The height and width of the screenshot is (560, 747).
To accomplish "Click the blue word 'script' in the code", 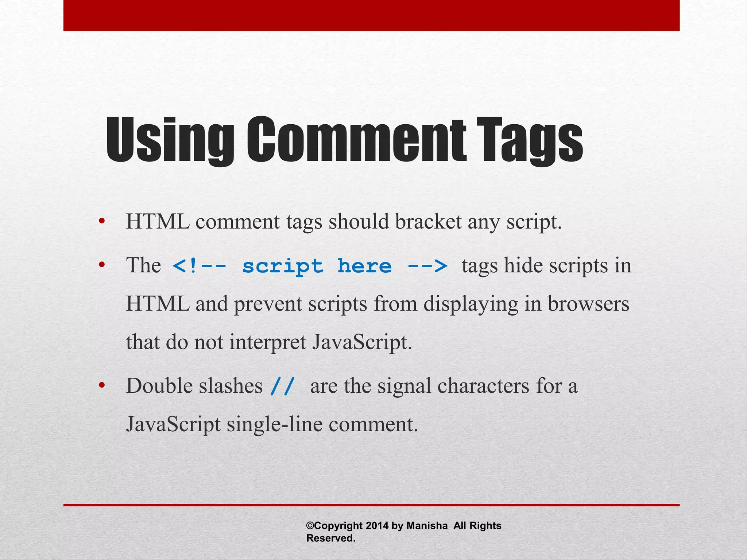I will coord(283,266).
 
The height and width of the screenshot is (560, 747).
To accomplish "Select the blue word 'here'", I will coord(364,265).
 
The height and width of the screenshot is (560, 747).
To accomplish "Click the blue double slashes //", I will coord(282,386).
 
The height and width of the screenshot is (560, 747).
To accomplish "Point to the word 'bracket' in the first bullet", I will coord(428,221).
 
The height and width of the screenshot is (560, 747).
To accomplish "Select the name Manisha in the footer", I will coord(427,525).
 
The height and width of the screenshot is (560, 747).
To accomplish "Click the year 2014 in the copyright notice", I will coord(377,525).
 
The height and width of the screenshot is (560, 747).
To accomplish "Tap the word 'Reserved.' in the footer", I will coord(331,538).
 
